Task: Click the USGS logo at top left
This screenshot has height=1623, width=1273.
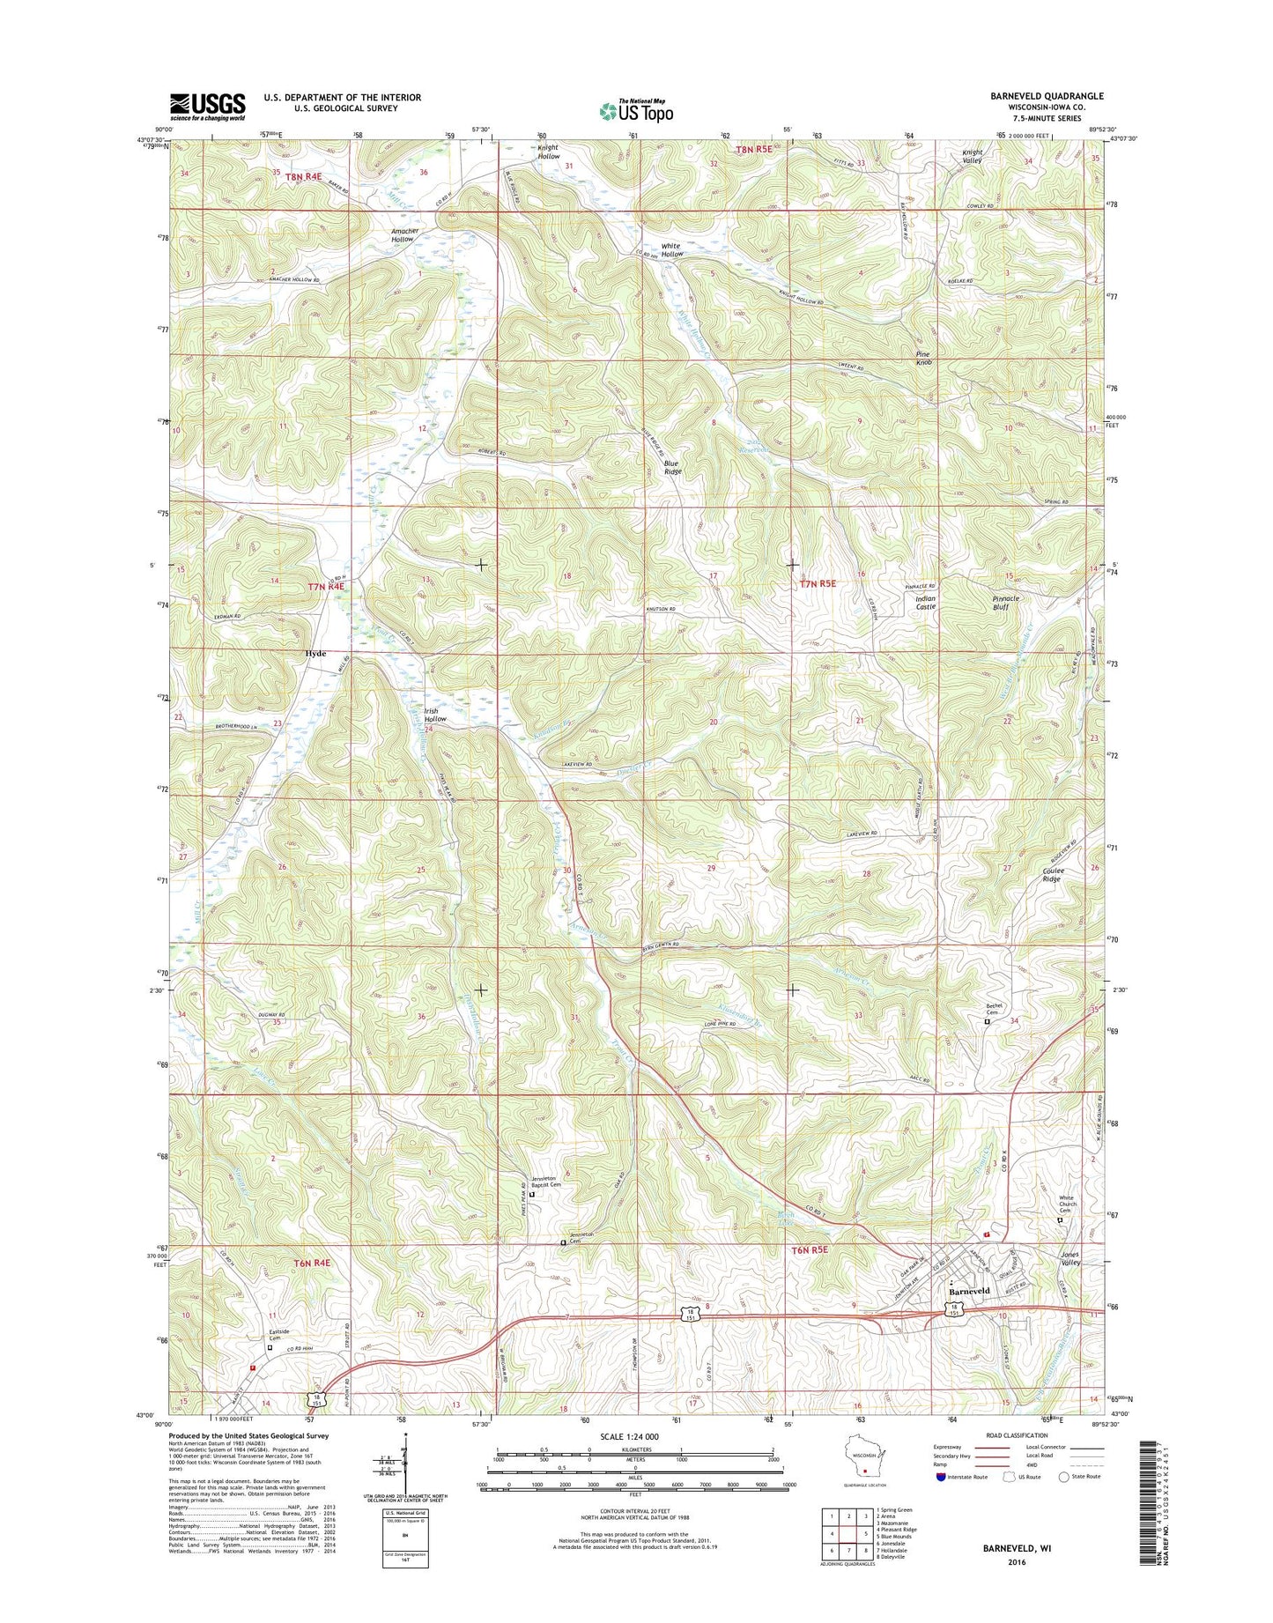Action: pyautogui.click(x=207, y=107)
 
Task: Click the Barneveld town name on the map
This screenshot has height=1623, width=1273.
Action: pyautogui.click(x=969, y=1291)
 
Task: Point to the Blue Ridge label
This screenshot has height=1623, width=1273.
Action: pyautogui.click(x=672, y=467)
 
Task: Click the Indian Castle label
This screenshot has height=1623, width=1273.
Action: pyautogui.click(x=925, y=603)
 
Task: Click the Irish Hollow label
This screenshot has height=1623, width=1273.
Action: pyautogui.click(x=435, y=715)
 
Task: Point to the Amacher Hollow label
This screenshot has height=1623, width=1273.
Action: pyautogui.click(x=404, y=235)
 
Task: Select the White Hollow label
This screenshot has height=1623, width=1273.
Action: pyautogui.click(x=671, y=250)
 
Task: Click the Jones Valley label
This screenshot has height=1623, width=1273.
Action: pyautogui.click(x=1069, y=1259)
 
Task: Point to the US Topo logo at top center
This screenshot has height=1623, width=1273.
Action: pyautogui.click(x=636, y=111)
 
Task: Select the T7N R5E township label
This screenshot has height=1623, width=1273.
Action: pyautogui.click(x=817, y=583)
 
